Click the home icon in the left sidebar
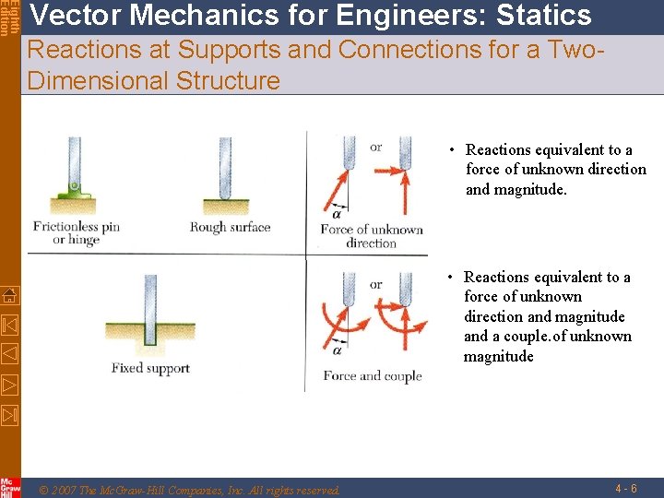(x=9, y=295)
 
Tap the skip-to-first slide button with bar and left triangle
(x=9, y=325)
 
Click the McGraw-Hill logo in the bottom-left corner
(x=9, y=487)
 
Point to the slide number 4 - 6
(x=628, y=487)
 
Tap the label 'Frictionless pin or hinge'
(x=77, y=232)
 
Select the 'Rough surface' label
(x=230, y=227)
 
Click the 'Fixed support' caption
(x=150, y=368)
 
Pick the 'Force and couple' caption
(x=372, y=375)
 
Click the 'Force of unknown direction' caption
(x=372, y=236)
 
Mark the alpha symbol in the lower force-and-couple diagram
(x=337, y=350)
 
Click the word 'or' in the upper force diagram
(x=375, y=148)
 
